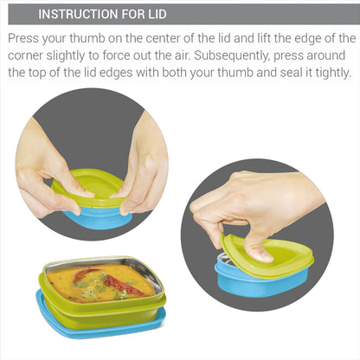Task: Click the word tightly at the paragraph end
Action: click(x=327, y=73)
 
